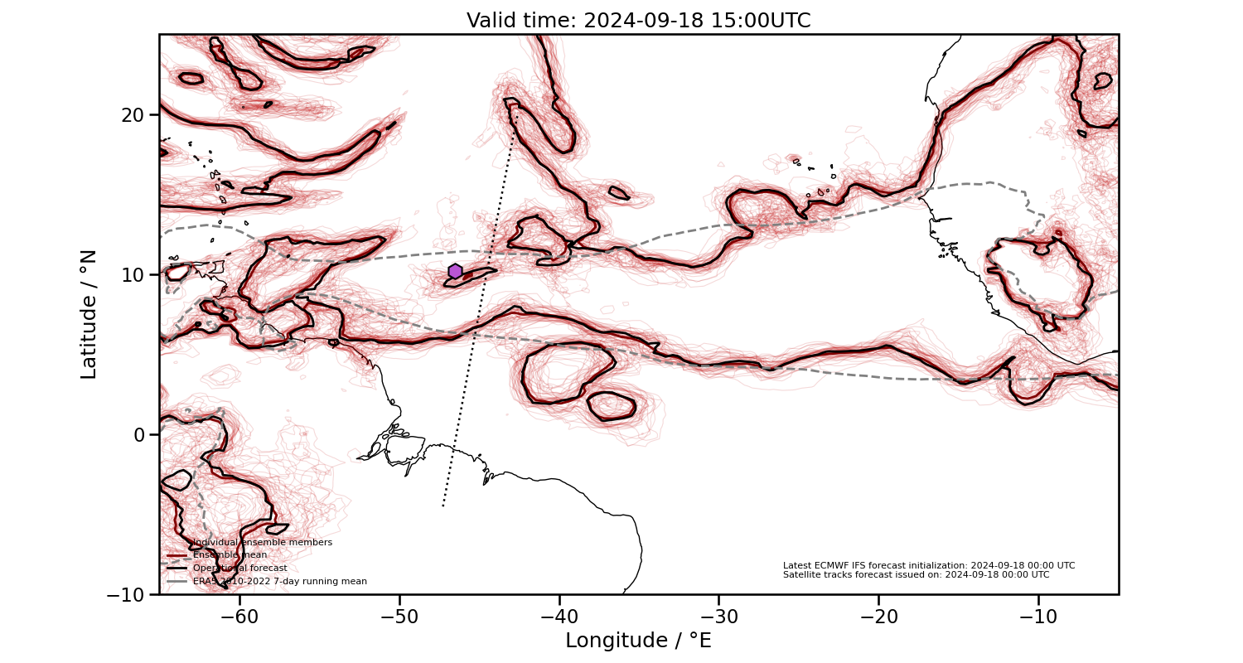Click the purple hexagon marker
pyautogui.click(x=455, y=271)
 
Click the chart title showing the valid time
pyautogui.click(x=638, y=21)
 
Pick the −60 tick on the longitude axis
pyautogui.click(x=239, y=617)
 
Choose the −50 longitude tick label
pyautogui.click(x=399, y=617)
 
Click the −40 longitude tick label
pyautogui.click(x=559, y=617)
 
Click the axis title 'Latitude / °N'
pyautogui.click(x=89, y=314)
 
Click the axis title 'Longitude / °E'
pyautogui.click(x=638, y=641)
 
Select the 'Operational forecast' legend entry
pyautogui.click(x=239, y=568)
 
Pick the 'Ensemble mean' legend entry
pyautogui.click(x=230, y=554)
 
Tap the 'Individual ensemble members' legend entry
pyautogui.click(x=262, y=542)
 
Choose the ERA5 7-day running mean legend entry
pyautogui.click(x=279, y=581)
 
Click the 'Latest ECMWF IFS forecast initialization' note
pyautogui.click(x=929, y=565)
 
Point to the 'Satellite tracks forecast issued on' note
pyautogui.click(x=916, y=574)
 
